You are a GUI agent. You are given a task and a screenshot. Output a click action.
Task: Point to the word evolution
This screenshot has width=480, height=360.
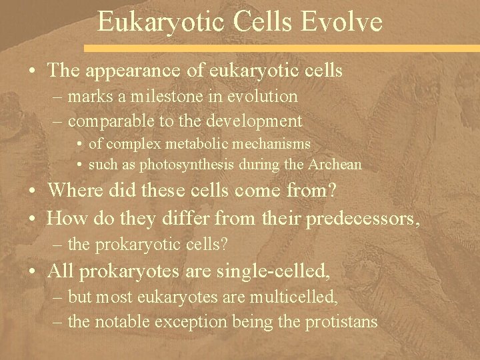coord(264,97)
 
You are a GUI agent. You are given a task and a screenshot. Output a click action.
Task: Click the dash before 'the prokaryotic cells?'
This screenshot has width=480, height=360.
coord(59,245)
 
